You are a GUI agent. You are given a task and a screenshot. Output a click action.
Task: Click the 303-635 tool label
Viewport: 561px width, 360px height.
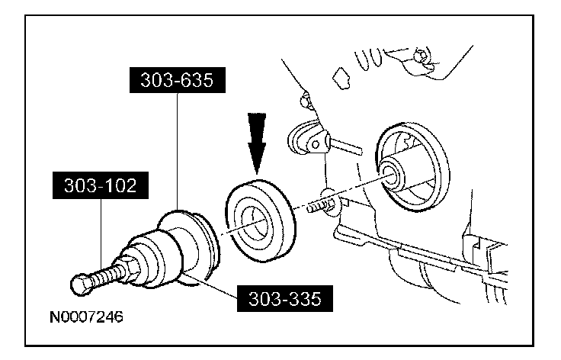pos(176,79)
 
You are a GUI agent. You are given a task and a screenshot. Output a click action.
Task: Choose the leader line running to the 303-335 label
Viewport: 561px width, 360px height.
pos(221,289)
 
